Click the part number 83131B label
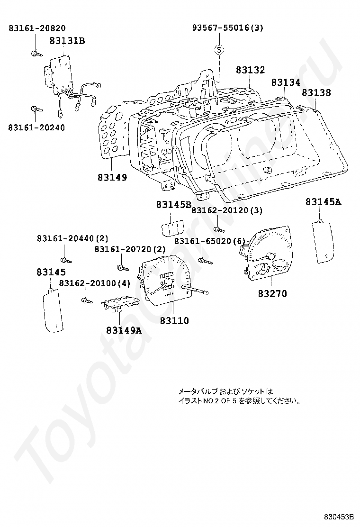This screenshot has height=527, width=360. click(67, 41)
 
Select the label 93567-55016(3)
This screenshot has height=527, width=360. click(227, 28)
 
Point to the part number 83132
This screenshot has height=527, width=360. click(250, 70)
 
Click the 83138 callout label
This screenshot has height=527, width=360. click(316, 93)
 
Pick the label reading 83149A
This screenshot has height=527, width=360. click(124, 330)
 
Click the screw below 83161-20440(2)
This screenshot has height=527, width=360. click(65, 259)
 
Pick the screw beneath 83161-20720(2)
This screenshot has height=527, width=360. click(122, 268)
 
